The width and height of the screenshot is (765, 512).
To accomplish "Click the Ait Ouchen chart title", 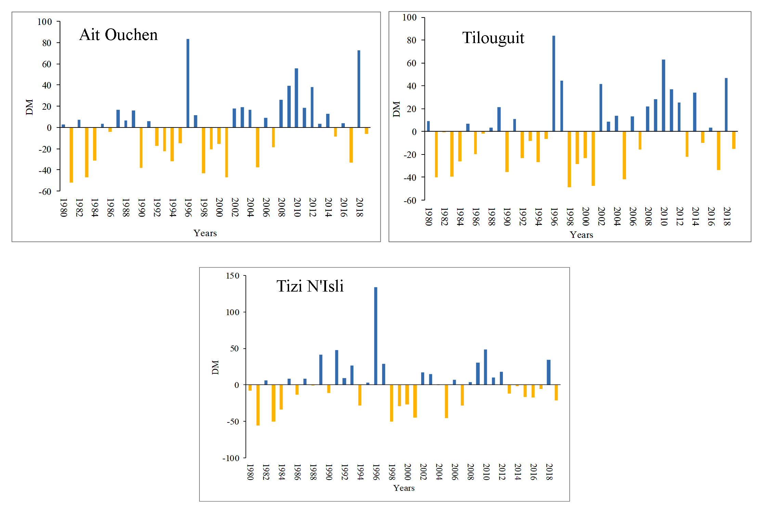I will point(118,35).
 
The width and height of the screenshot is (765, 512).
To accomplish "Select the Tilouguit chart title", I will point(493,38).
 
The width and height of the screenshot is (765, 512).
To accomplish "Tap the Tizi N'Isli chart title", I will point(310,286).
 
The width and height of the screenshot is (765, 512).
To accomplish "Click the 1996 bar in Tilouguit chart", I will point(554,83).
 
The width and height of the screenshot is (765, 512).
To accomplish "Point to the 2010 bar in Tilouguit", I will point(663,95).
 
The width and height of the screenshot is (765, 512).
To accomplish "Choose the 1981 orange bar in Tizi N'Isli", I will point(258,405).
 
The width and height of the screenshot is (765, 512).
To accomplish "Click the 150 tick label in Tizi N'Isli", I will point(233,276).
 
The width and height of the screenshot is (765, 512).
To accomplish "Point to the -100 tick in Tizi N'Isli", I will point(231,458).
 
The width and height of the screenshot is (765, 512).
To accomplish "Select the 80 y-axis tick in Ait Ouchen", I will point(47,43).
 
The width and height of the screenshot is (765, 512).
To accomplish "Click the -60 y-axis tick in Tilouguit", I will point(410,201).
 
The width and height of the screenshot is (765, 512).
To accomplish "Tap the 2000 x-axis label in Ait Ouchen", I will point(219,207).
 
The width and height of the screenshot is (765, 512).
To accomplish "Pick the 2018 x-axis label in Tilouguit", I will point(727,216).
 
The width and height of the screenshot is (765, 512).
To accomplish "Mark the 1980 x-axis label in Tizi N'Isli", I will point(250,472).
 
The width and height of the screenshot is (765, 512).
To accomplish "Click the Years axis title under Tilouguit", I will point(581,235).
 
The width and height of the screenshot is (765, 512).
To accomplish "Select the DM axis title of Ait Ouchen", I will point(29,107).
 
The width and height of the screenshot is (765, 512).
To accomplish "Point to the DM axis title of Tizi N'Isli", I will point(215,367).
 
